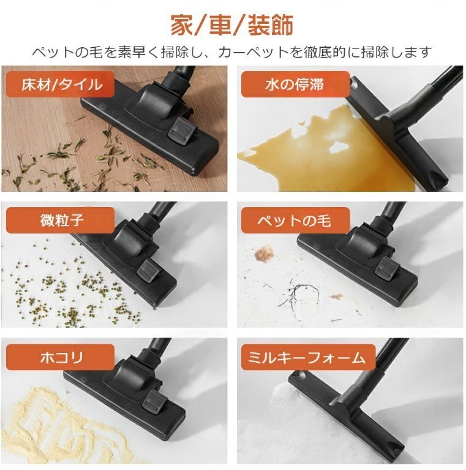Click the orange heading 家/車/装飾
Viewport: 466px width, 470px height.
point(232,26)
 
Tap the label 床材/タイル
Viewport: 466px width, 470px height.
point(62,84)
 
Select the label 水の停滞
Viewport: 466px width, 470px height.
point(295,84)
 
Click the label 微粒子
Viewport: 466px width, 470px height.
point(62,221)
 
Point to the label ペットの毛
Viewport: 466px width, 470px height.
point(295,221)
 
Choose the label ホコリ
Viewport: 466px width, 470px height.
point(62,357)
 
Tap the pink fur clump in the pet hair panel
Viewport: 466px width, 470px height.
point(264,253)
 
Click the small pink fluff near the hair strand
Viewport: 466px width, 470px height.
point(336,297)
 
